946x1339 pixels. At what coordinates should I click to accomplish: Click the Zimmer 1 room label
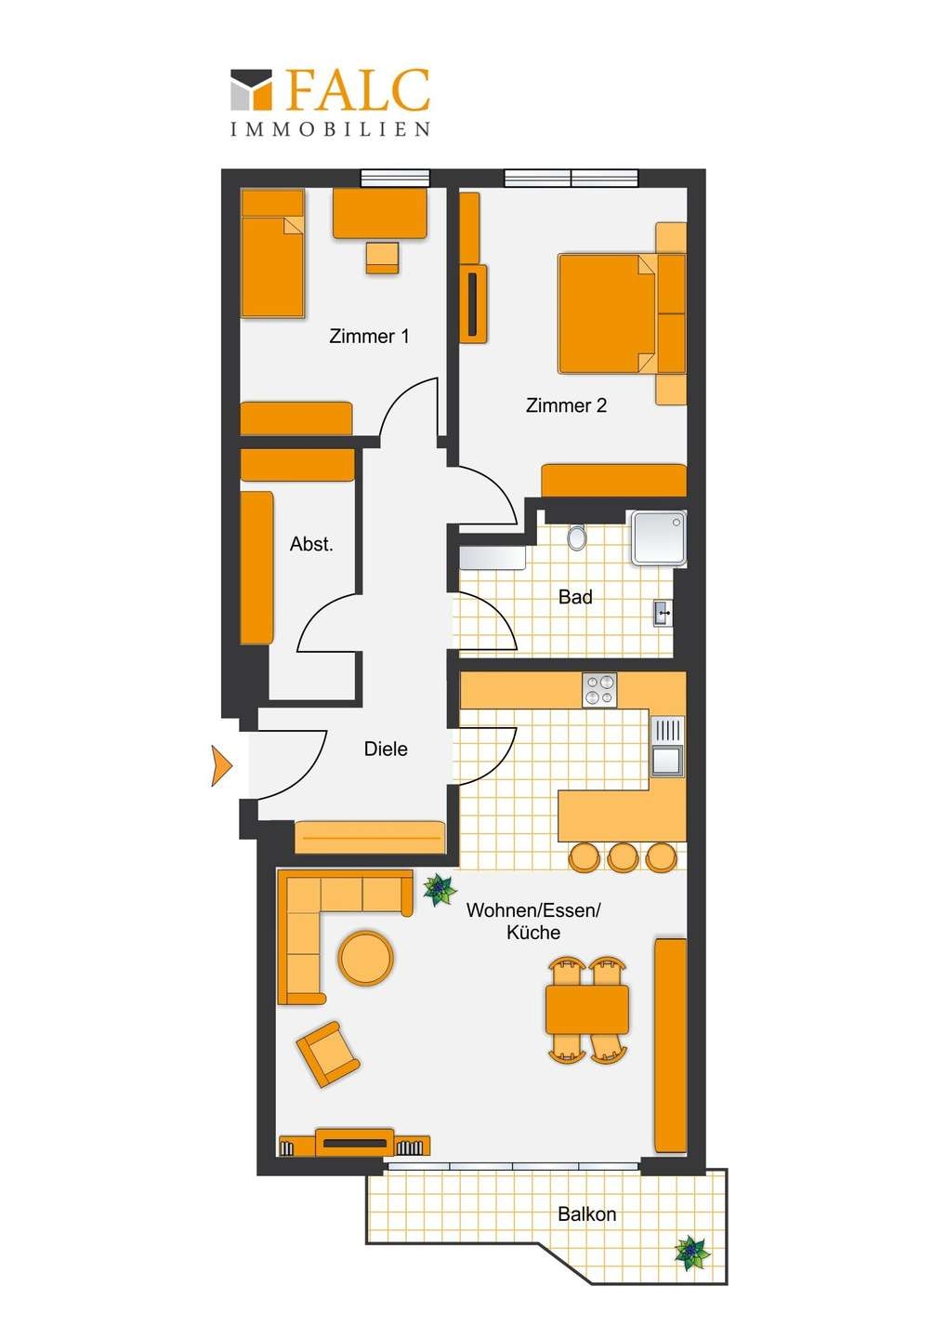click(x=369, y=336)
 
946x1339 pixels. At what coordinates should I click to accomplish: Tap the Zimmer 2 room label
click(x=566, y=405)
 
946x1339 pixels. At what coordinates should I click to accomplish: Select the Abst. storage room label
click(x=311, y=544)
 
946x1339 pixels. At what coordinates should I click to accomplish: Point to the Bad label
click(x=575, y=597)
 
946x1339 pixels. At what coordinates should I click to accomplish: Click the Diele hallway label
click(x=386, y=749)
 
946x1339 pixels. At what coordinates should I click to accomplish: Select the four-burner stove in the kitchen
click(x=599, y=690)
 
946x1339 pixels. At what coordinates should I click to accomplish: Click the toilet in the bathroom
click(x=577, y=537)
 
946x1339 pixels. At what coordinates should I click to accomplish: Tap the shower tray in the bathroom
click(x=659, y=537)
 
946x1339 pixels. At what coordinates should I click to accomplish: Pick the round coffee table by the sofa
click(x=365, y=958)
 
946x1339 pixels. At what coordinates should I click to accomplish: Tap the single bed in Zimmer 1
click(x=272, y=254)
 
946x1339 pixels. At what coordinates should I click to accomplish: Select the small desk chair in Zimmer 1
click(x=382, y=258)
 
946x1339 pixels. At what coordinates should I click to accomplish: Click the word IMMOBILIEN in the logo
click(x=330, y=129)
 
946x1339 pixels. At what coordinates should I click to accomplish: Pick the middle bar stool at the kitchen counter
click(x=623, y=856)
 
